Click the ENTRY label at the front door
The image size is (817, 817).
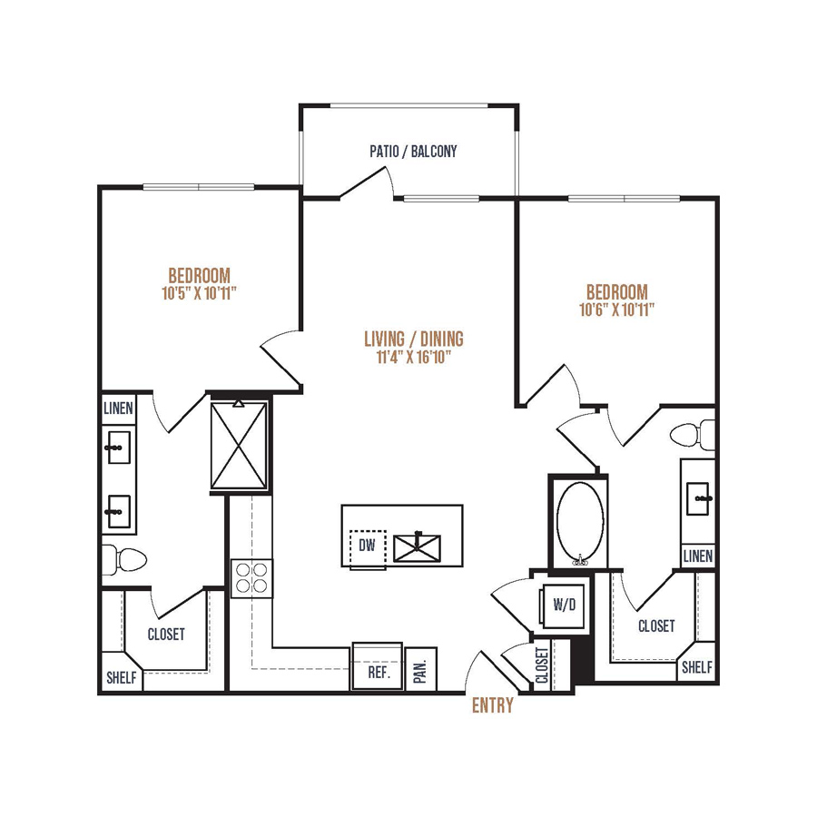(492, 705)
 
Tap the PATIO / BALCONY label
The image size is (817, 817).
(413, 152)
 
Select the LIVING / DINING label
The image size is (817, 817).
(414, 339)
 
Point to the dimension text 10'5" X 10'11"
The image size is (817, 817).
(200, 293)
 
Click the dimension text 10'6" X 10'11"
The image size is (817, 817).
(617, 310)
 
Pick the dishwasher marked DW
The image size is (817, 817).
(368, 548)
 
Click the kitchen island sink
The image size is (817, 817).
(417, 547)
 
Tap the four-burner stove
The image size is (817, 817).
(252, 578)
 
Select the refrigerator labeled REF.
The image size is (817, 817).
(378, 666)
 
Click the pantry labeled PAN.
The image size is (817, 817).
(421, 670)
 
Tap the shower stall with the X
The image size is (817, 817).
(239, 445)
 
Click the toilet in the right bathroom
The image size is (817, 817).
(693, 435)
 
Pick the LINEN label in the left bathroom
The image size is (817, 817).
(118, 408)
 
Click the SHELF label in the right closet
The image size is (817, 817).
(697, 667)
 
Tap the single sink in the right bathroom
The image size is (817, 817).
(698, 497)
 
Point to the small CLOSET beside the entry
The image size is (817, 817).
(542, 665)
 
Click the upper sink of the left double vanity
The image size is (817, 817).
(118, 448)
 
